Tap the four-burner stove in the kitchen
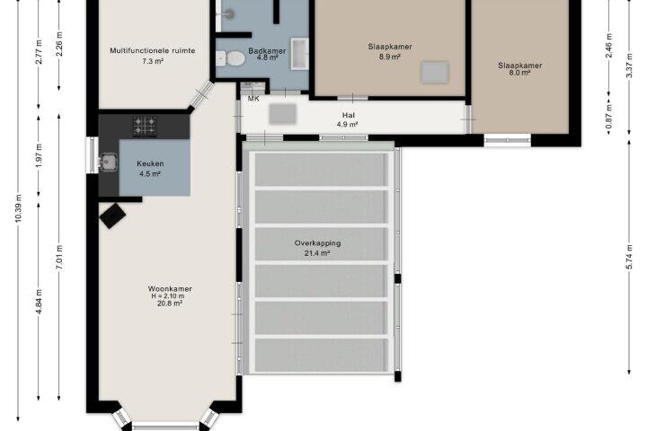145,126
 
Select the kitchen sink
108,163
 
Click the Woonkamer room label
170,289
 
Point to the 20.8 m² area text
170,303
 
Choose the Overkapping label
318,243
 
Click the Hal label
349,115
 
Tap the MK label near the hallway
253,99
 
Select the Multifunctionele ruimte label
153,50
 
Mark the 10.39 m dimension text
18,208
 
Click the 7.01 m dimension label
59,258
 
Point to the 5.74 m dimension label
629,257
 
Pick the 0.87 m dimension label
608,117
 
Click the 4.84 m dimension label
39,302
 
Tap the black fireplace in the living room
112,215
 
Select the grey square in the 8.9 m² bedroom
435,72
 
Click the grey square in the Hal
283,114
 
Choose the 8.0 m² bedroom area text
519,73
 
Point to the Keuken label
150,163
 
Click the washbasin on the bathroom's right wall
299,54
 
